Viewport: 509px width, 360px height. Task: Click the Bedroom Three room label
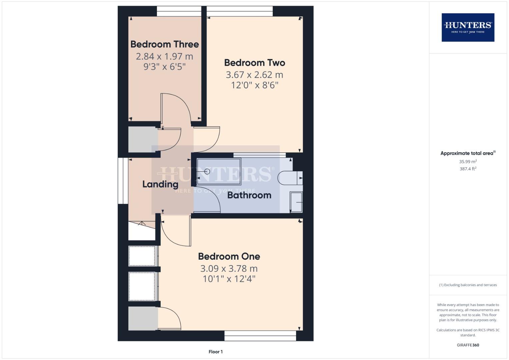[164, 44]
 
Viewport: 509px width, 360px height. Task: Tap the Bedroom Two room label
[254, 63]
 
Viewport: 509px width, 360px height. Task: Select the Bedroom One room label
[229, 256]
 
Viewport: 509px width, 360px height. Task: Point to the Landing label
[160, 184]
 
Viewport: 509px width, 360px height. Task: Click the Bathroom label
[249, 195]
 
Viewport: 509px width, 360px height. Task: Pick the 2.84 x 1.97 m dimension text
[164, 57]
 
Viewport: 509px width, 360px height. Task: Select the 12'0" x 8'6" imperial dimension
[254, 85]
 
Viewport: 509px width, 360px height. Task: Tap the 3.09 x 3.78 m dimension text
[229, 269]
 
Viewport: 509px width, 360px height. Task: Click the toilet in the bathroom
[290, 178]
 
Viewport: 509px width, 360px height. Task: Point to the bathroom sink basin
[296, 202]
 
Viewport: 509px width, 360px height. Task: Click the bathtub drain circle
[207, 172]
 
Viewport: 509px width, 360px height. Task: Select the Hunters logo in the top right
[468, 27]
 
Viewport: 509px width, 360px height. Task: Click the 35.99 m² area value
[468, 162]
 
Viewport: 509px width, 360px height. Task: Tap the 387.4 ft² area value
[468, 169]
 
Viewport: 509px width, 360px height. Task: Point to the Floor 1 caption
[215, 352]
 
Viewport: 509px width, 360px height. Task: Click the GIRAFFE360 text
[468, 345]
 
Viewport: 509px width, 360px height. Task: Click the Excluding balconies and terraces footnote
[468, 285]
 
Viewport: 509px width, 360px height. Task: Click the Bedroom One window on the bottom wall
[260, 336]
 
